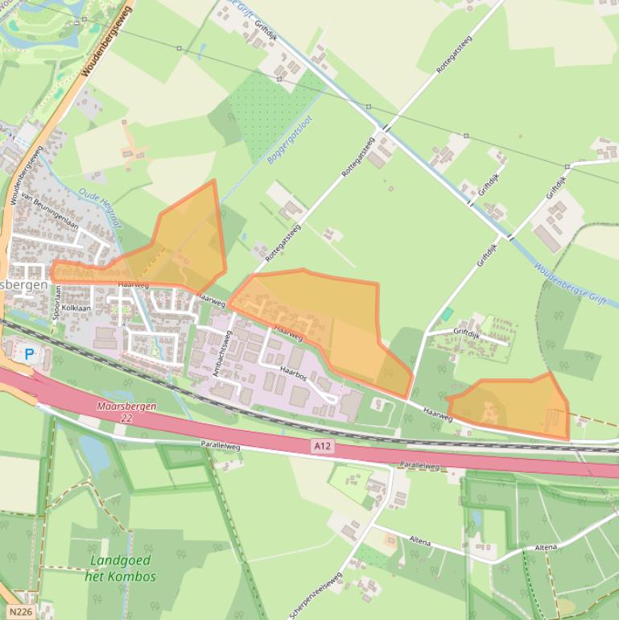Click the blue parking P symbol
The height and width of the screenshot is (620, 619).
[x=30, y=353]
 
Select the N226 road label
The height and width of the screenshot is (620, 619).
[x=19, y=611]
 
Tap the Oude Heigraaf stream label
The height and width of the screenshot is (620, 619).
[x=99, y=205]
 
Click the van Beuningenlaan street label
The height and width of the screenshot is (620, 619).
[x=49, y=212]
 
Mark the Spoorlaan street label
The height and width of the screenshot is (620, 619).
[x=57, y=302]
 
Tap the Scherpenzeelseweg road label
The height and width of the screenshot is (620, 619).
[x=316, y=597]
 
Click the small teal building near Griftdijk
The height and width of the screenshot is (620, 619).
[x=447, y=313]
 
